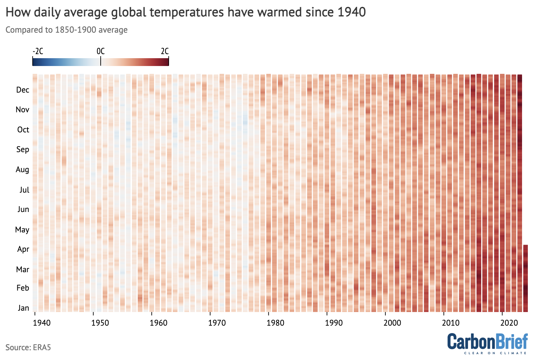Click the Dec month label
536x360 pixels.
(x=22, y=90)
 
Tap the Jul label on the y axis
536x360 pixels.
(x=24, y=190)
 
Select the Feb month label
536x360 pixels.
(x=23, y=288)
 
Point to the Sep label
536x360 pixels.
(x=23, y=149)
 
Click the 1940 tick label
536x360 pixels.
(x=41, y=323)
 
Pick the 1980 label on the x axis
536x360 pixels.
(x=275, y=323)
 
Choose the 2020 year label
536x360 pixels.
(x=509, y=323)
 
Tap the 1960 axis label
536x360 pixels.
(x=158, y=323)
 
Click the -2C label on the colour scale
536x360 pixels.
(x=38, y=51)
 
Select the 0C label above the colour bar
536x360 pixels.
(x=101, y=51)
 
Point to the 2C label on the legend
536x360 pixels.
(x=165, y=51)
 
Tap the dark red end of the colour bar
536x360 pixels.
(x=167, y=62)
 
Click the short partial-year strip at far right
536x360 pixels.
(x=525, y=278)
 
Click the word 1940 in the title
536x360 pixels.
(x=352, y=12)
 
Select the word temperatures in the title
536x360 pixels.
(x=186, y=12)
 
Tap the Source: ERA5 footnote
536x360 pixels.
(x=28, y=347)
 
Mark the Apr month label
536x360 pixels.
(x=23, y=249)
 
